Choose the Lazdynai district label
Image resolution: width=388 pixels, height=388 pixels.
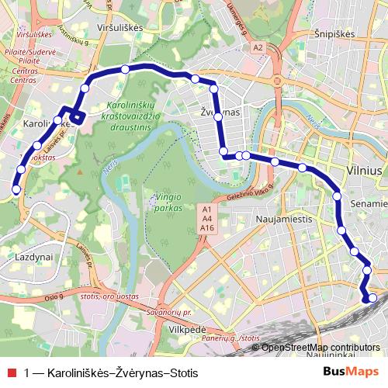(33, 255)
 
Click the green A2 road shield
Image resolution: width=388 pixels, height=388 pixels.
(258, 48)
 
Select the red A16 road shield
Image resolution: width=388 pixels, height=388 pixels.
(207, 229)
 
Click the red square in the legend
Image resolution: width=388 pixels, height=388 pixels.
(10, 373)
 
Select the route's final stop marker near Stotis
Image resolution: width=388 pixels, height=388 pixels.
(372, 298)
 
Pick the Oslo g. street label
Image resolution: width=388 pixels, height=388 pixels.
(53, 296)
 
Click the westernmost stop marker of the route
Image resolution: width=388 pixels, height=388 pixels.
(16, 189)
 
